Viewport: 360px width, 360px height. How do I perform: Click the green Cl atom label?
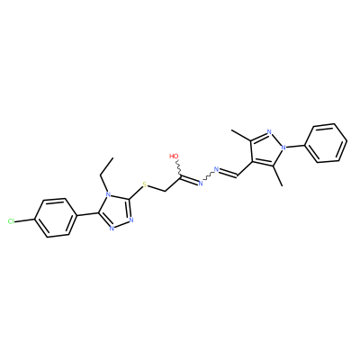click(11, 221)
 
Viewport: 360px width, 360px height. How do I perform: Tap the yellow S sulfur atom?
click(145, 184)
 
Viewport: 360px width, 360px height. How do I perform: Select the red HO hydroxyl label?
click(174, 157)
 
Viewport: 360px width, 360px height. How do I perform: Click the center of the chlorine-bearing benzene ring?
click(55, 218)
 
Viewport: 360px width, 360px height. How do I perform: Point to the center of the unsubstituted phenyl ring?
click(327, 143)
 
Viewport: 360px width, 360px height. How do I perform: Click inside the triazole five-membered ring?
click(117, 212)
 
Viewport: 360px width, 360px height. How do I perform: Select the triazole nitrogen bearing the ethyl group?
click(108, 197)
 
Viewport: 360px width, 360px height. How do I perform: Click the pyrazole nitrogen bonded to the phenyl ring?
click(282, 148)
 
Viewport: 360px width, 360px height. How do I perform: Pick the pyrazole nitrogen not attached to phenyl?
click(269, 132)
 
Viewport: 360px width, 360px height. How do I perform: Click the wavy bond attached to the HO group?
click(178, 168)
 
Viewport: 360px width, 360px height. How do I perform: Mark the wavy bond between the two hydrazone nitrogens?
click(209, 176)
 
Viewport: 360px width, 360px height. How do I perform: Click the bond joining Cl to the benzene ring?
click(25, 220)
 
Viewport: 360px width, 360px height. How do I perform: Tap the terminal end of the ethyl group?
click(113, 157)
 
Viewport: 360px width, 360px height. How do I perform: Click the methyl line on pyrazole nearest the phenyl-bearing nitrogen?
click(278, 175)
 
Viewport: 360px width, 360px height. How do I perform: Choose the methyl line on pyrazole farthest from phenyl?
click(241, 135)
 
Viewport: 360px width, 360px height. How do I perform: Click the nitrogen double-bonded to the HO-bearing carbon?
click(201, 184)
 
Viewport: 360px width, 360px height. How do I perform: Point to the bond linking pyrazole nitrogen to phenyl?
click(295, 145)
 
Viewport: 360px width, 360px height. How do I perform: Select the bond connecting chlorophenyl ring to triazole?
click(86, 214)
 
